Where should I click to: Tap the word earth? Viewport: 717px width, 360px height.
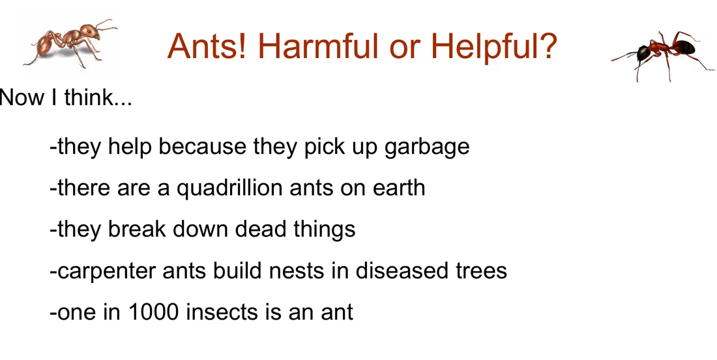click(x=399, y=188)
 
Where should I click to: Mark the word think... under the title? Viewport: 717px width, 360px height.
click(x=98, y=97)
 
